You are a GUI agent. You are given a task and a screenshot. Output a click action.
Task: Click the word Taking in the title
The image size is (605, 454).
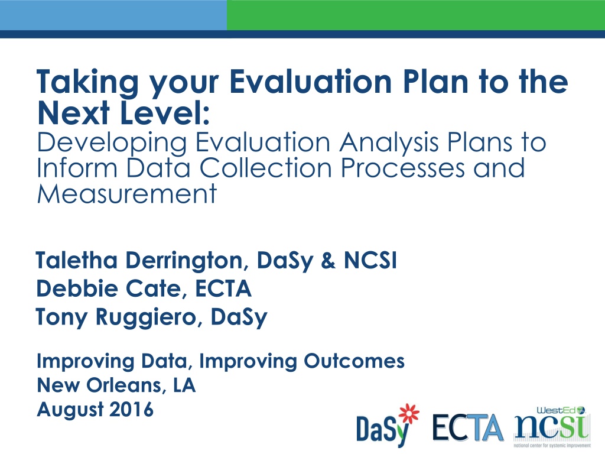point(87,82)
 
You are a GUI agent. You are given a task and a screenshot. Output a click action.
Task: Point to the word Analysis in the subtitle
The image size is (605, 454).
point(389,143)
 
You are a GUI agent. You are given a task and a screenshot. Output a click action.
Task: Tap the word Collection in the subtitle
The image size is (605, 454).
point(265,168)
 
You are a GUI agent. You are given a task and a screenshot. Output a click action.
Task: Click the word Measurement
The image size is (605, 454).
point(127,193)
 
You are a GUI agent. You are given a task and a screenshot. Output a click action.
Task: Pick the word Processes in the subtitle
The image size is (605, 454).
point(402,168)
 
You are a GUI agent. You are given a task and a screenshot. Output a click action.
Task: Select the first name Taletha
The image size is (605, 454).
point(76,260)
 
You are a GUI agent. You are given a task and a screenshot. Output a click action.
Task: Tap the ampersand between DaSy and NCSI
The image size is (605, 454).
point(328,261)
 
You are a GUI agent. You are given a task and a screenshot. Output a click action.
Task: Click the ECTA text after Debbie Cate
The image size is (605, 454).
point(223,288)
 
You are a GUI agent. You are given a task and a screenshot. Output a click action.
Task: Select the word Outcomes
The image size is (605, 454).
point(354,361)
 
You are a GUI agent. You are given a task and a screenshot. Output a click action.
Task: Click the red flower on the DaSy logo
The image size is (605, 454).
point(409,413)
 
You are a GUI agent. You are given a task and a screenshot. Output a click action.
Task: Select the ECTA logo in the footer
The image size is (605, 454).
point(468,427)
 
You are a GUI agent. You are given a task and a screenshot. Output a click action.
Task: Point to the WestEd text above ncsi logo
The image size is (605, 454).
point(556,410)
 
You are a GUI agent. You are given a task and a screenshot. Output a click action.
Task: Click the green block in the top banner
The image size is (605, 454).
point(416,15)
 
